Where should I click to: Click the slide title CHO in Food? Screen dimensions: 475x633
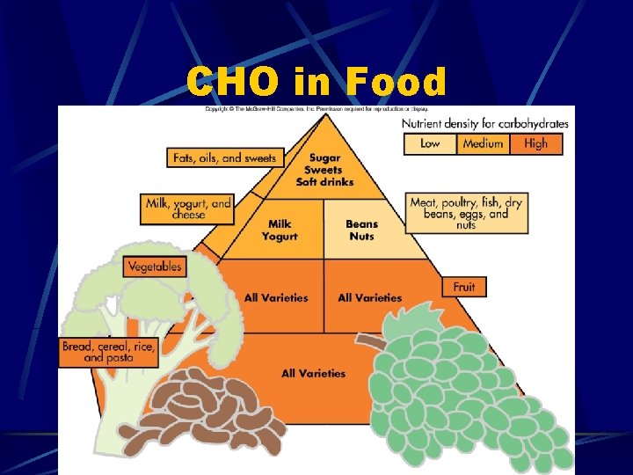(316, 83)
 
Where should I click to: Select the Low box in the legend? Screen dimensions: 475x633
(430, 143)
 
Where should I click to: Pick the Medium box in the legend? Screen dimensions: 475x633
(483, 143)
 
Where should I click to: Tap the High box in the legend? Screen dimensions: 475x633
(535, 143)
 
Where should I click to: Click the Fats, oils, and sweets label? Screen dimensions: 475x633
(225, 158)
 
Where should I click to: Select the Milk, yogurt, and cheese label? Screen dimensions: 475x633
(188, 208)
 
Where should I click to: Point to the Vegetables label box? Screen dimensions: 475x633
(155, 266)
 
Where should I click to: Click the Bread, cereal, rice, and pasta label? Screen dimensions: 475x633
(108, 353)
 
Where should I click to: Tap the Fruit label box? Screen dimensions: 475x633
(464, 287)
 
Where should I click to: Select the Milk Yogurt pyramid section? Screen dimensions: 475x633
(280, 230)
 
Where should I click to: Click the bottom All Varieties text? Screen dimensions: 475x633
(313, 374)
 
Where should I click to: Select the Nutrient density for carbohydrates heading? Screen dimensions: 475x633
(484, 123)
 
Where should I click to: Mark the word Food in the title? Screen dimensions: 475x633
(397, 83)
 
